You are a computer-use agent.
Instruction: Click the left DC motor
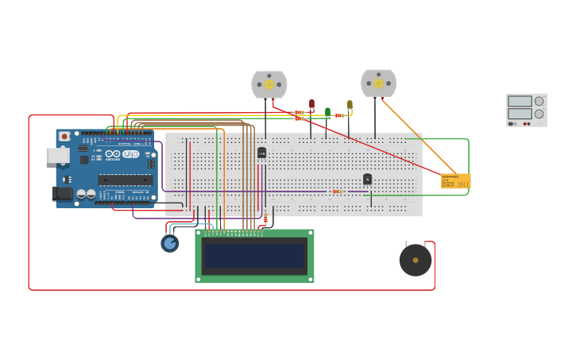pos(269,84)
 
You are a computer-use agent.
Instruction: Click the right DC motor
pos(378,83)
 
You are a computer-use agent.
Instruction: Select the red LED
pos(311,104)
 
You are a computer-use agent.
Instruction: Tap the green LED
pos(327,113)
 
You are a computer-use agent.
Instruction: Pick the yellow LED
pos(350,104)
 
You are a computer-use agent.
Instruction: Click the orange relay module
pos(455,181)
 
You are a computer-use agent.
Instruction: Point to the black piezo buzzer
pos(416,260)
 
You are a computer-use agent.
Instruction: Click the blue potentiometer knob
pos(169,243)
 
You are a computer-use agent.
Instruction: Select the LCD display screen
pos(254,256)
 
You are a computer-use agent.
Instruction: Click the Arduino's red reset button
pos(64,137)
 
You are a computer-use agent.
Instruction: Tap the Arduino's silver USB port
pos(57,156)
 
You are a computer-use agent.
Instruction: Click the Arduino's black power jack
pos(62,193)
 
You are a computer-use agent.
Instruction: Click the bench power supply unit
pos(526,110)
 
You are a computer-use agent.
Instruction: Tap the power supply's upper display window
pos(519,101)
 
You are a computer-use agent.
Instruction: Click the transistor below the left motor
pos(261,153)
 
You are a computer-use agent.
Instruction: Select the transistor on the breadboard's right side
pos(367,179)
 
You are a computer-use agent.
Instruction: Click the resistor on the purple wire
pos(338,192)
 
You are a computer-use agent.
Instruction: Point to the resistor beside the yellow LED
pos(339,115)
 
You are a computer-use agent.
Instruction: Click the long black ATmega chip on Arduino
pos(125,180)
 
